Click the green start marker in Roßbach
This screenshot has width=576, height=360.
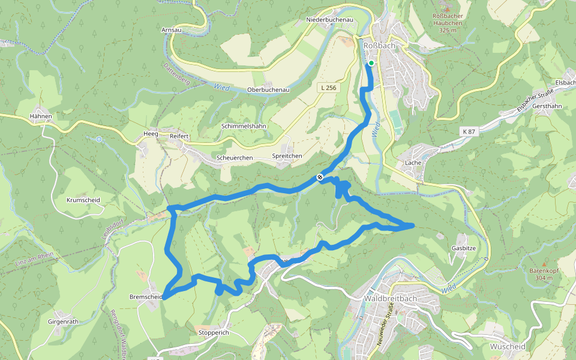(371, 63)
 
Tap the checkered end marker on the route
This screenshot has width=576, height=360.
(320, 177)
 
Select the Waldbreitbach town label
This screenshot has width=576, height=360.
(389, 298)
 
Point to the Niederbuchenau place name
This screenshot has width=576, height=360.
(329, 20)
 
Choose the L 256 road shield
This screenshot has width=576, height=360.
(328, 88)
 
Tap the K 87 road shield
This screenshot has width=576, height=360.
(469, 131)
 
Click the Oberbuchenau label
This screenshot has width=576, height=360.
(269, 89)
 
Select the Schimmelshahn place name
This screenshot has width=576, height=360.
(244, 127)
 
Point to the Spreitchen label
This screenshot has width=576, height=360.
(287, 156)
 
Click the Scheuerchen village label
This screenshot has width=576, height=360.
(235, 158)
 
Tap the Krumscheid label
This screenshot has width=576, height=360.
(83, 200)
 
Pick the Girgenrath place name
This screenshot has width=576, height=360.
(63, 322)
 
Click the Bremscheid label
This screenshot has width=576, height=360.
(146, 296)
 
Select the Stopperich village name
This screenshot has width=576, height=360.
(214, 332)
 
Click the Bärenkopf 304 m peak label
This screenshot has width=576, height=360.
(544, 274)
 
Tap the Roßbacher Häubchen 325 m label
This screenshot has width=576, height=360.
(452, 23)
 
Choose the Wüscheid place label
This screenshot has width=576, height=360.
(507, 347)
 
